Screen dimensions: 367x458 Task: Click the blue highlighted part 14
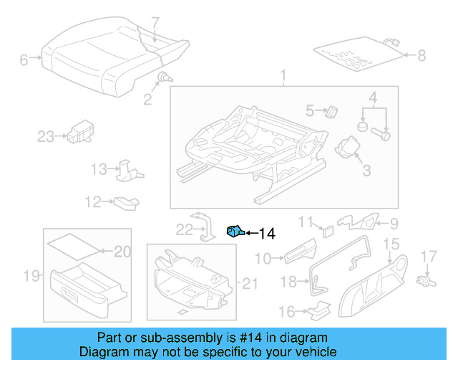[235, 231]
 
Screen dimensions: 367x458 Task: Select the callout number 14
[266, 233]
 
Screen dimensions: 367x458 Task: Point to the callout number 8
[421, 54]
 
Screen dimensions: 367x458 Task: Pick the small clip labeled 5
[332, 110]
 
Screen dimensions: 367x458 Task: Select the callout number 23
[46, 136]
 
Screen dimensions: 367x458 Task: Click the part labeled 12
[125, 203]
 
